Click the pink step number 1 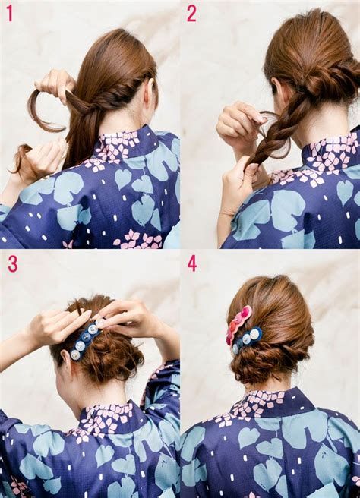pos(10,14)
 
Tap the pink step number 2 pos(191,14)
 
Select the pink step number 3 pos(12,264)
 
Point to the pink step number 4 pos(192,263)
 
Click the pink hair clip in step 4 pos(238,325)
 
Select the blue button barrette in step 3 pos(85,340)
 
